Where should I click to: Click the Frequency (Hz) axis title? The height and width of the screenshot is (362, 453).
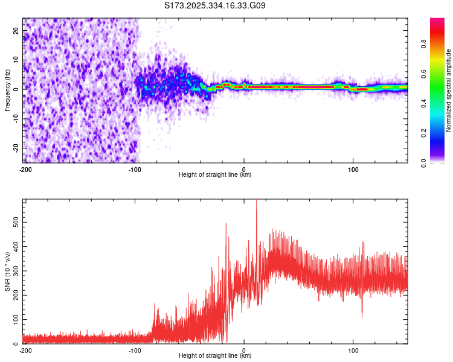(7, 90)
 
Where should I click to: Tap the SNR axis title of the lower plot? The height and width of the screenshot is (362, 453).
(7, 271)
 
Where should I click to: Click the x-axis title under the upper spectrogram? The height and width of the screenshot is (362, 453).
(215, 174)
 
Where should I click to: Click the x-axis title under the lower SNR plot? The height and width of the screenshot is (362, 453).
(215, 355)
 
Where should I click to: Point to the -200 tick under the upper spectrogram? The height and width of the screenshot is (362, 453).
(25, 169)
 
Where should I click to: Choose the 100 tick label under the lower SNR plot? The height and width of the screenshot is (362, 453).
(353, 350)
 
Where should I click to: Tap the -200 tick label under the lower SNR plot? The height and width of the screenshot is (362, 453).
(25, 350)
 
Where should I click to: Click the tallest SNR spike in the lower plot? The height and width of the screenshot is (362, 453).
(256, 202)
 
